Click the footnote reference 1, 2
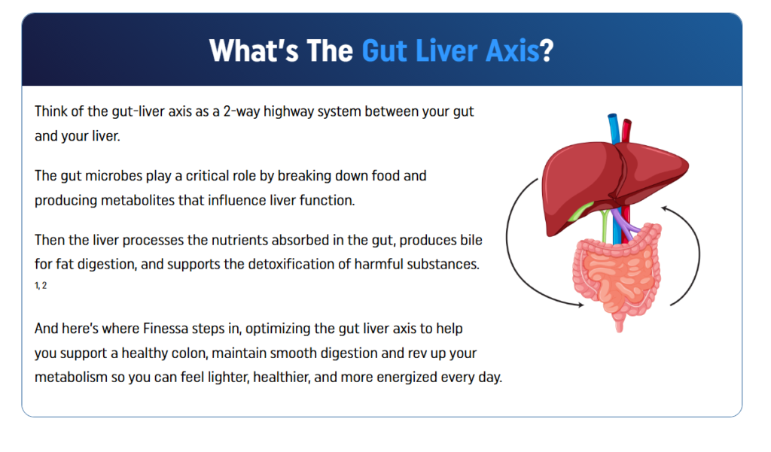41,285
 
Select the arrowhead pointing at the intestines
578,305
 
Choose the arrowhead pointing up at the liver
667,211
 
